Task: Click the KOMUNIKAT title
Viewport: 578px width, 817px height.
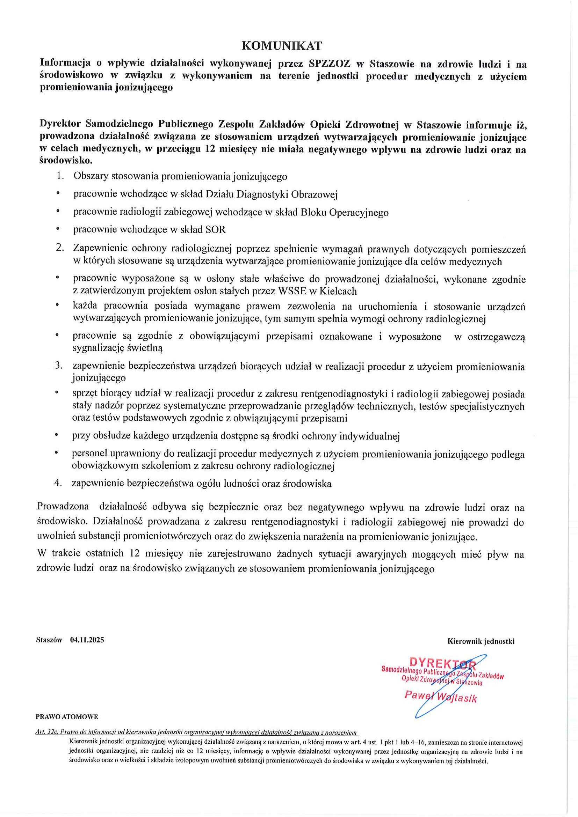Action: pyautogui.click(x=282, y=46)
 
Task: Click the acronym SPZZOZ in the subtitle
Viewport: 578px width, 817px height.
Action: pyautogui.click(x=330, y=64)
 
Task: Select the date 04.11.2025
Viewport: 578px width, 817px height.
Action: pyautogui.click(x=87, y=640)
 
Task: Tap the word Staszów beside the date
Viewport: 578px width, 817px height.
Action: pyautogui.click(x=49, y=640)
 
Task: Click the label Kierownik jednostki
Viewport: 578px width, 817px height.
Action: pyautogui.click(x=481, y=641)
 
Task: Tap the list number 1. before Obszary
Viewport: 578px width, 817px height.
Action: pyautogui.click(x=60, y=176)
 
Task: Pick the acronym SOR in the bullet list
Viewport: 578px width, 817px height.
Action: pyautogui.click(x=216, y=229)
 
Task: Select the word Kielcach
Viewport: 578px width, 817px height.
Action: pyautogui.click(x=338, y=291)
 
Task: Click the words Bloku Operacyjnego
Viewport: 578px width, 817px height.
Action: pyautogui.click(x=344, y=212)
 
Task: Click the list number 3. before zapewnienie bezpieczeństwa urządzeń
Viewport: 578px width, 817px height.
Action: pyautogui.click(x=59, y=366)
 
